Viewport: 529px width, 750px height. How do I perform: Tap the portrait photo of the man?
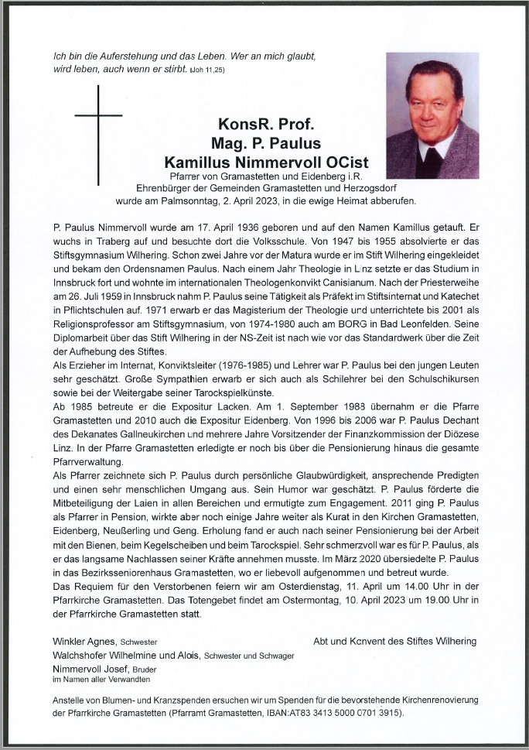[x=432, y=104]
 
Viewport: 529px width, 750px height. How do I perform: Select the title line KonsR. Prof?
[x=265, y=125]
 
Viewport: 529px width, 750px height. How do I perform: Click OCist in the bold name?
[x=347, y=162]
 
